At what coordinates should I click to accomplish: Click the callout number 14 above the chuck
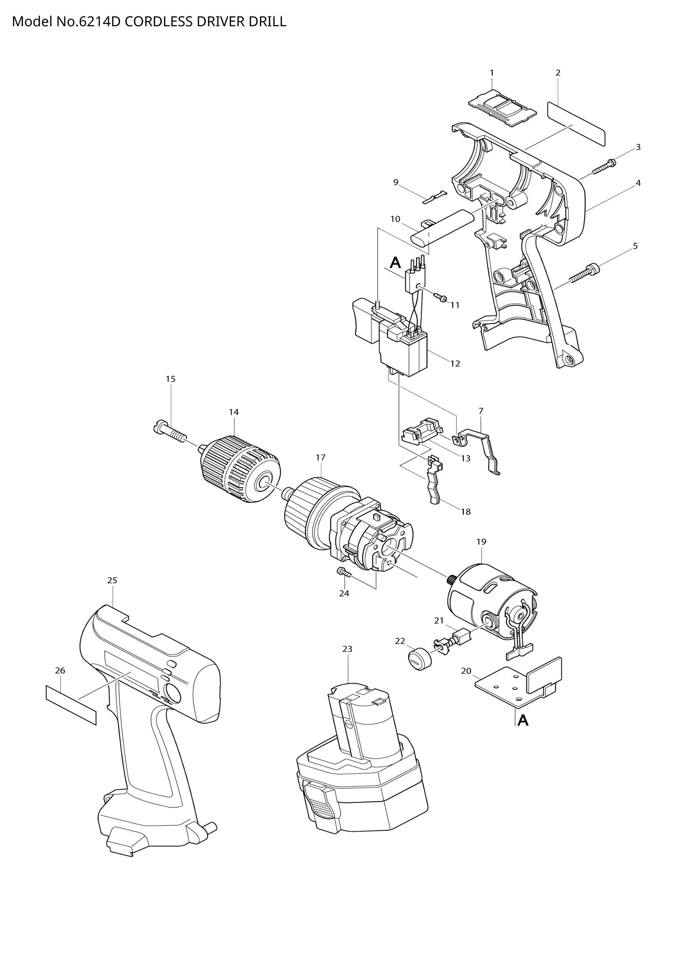point(234,412)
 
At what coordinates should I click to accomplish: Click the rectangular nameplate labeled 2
point(576,123)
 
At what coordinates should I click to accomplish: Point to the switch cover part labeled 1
point(502,107)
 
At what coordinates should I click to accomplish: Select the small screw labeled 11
point(440,297)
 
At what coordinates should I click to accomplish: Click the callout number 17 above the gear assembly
point(320,457)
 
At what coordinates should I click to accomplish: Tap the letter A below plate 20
point(523,721)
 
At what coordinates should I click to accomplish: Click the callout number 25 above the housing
point(112,580)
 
